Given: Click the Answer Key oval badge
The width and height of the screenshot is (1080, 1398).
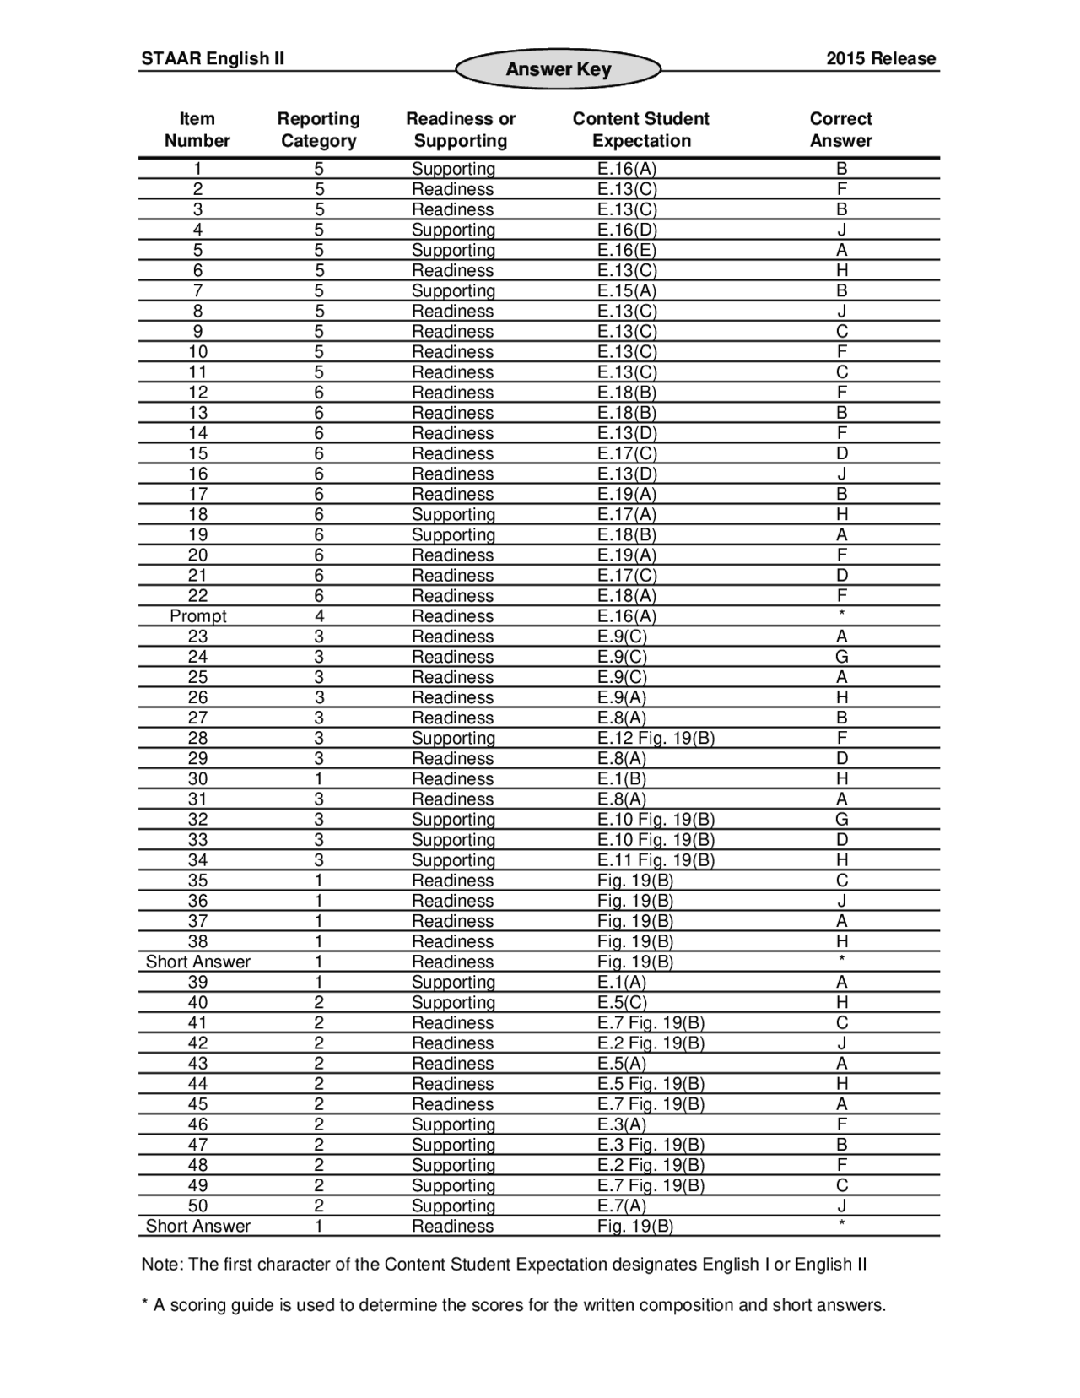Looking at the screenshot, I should [558, 69].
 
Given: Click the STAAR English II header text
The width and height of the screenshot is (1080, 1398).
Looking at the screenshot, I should [213, 58].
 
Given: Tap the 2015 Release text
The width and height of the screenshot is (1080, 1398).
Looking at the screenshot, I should [880, 58].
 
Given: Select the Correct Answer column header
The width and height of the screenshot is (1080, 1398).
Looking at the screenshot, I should [840, 129].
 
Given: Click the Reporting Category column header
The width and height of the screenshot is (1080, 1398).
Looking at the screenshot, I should [318, 129].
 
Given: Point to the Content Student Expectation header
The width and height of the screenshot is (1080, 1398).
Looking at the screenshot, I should [640, 129].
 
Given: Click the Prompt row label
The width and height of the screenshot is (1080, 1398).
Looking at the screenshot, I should [197, 616].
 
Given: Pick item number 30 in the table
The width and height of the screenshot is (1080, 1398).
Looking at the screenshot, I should [197, 778].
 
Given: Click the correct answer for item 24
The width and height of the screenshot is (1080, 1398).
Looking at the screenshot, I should [841, 657].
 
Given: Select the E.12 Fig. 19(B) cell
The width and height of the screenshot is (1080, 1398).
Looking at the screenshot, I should [656, 738].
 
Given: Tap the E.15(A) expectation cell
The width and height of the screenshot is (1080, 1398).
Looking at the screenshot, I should [626, 290].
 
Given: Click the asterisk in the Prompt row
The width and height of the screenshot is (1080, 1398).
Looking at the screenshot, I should [841, 614].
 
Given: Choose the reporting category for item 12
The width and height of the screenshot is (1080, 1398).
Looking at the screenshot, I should [319, 393].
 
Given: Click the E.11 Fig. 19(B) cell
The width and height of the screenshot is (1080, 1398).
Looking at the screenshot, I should [656, 860].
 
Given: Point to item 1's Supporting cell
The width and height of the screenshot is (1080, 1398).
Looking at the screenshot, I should [453, 169].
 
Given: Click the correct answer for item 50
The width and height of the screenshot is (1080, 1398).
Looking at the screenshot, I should [841, 1206].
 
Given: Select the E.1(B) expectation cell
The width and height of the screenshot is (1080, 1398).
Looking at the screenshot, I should [622, 778].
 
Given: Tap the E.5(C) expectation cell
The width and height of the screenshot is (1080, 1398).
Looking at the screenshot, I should [622, 1002].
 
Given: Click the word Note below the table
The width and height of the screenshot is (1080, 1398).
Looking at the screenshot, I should [160, 1264].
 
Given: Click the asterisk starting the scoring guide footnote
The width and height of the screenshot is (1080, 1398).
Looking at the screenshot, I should [145, 1303].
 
